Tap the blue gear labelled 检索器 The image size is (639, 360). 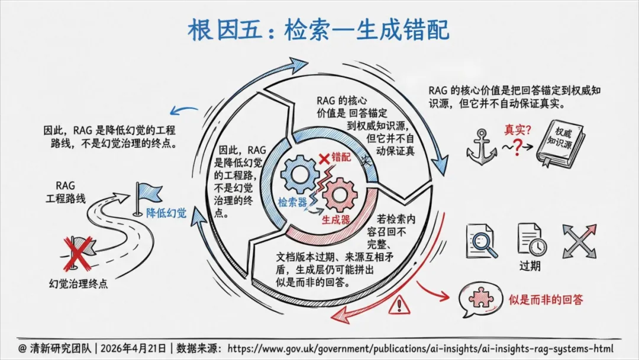point(299,176)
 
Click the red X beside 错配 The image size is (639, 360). point(324,158)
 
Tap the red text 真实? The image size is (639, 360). point(517,128)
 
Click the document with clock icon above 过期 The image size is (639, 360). point(531,239)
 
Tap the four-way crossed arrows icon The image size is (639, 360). point(579,240)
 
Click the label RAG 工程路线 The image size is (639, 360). point(65,192)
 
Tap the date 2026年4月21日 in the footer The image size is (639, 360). point(137,348)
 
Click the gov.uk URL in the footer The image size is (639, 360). point(420,348)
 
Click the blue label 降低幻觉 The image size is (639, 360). point(166,213)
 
